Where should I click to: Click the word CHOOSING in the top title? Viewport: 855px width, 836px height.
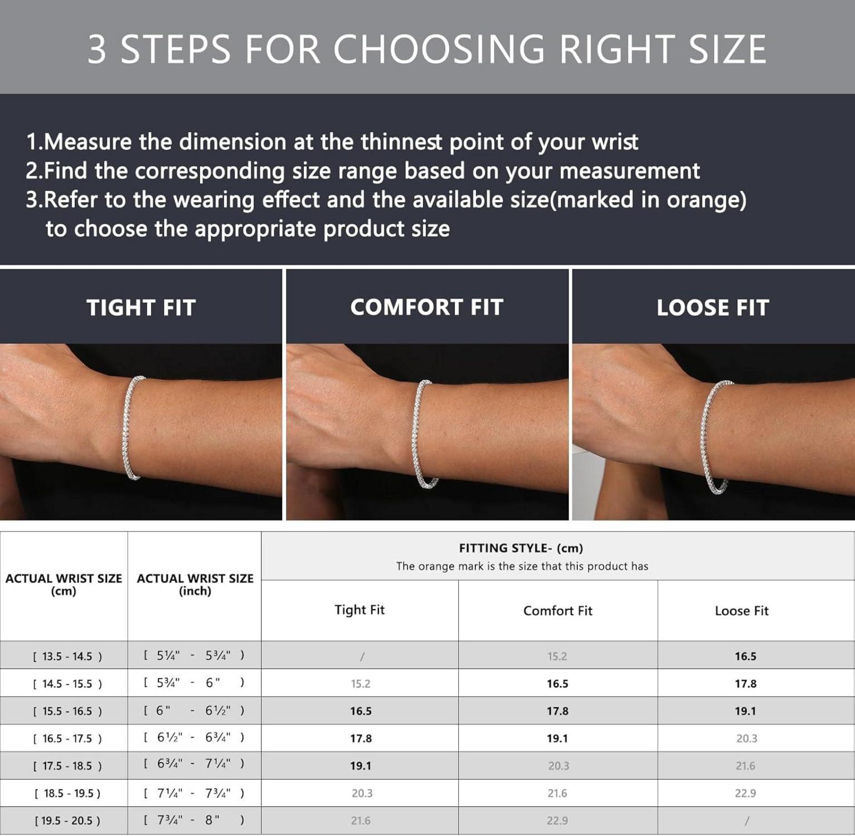[x=439, y=49]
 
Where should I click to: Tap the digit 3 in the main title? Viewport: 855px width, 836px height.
[x=97, y=49]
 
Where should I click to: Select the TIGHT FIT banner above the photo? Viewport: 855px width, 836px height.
[x=141, y=308]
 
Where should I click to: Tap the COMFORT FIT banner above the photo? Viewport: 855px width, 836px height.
[x=427, y=307]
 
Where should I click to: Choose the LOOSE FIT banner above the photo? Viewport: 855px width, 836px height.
[x=713, y=308]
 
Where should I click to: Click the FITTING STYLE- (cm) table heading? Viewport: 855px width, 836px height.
[x=521, y=548]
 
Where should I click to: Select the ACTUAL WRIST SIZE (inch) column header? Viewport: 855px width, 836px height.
[x=195, y=585]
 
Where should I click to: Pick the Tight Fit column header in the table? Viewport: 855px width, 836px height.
[x=360, y=610]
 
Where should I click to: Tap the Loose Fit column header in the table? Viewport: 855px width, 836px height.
[x=741, y=611]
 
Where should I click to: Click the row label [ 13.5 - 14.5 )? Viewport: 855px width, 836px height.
[x=67, y=656]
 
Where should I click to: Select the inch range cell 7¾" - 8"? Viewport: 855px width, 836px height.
[x=194, y=820]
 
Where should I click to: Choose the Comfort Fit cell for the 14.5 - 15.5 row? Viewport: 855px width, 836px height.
[x=557, y=684]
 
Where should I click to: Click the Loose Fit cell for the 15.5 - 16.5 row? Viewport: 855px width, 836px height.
[x=745, y=711]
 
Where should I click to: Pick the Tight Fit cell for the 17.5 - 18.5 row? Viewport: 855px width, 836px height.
[x=361, y=766]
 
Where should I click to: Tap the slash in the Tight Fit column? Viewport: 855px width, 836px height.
[x=362, y=657]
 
